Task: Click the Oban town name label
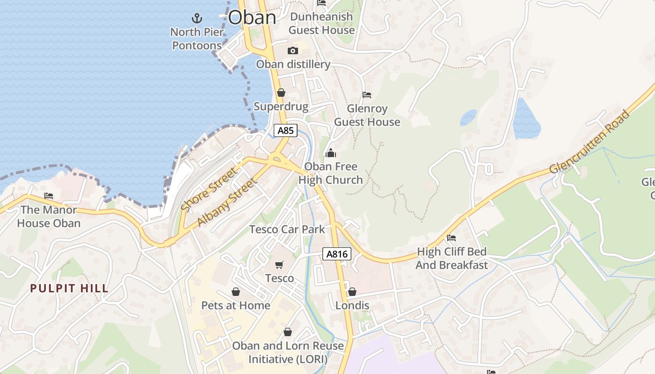252,18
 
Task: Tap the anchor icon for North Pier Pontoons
197,19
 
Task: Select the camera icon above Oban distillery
293,50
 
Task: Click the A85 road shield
285,130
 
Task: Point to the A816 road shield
337,254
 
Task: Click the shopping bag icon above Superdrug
281,93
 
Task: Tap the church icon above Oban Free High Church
331,153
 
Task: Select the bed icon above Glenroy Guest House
367,95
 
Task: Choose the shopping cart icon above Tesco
279,265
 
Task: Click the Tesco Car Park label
287,229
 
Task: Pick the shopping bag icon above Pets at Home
236,292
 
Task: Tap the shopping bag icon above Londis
352,292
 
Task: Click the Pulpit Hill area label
69,288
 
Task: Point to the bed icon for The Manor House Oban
49,196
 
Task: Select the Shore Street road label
209,190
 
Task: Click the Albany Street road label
227,202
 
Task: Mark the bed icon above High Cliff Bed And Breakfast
451,238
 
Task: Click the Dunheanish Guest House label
321,23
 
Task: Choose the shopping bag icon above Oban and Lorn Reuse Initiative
288,332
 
